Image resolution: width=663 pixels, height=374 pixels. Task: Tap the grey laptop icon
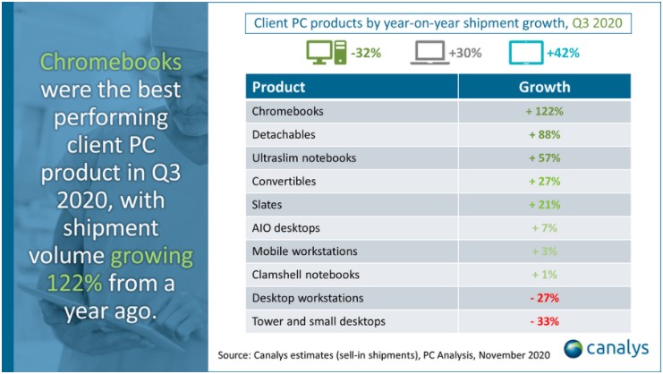(429, 53)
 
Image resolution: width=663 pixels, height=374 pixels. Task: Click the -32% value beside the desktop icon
(367, 53)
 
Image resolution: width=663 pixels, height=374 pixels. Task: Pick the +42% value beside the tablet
(563, 53)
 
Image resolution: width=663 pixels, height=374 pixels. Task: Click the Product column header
(278, 87)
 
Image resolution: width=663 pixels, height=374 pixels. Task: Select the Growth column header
(545, 87)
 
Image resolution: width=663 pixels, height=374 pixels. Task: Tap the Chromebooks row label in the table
(287, 112)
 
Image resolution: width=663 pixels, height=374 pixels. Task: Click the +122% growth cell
(545, 112)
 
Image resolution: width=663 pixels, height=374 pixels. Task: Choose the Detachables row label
(285, 135)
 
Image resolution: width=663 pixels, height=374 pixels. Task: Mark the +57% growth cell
(545, 158)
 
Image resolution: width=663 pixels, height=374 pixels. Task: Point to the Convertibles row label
(285, 182)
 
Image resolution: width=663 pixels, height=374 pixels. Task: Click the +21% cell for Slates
(545, 205)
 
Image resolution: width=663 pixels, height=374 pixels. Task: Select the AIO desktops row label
(286, 228)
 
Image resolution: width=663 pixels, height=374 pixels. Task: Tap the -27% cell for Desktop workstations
(545, 298)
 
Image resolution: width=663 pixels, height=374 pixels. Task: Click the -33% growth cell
(545, 321)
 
